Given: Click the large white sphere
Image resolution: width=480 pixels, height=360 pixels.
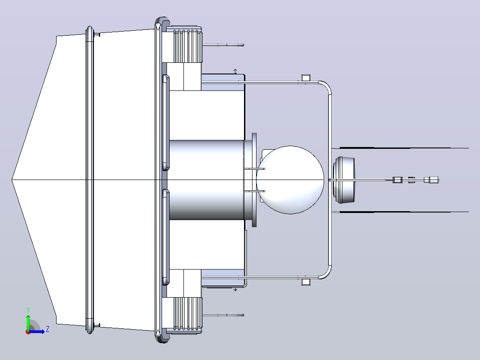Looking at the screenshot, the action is pos(290,180).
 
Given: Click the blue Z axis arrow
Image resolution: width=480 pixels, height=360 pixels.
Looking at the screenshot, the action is pos(37,331).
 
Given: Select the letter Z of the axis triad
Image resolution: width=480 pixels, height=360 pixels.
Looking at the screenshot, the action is pos(48,330).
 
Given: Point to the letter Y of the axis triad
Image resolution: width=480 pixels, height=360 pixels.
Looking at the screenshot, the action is pos(28,310).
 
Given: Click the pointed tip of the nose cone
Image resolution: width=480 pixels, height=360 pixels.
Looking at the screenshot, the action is pos(12,180).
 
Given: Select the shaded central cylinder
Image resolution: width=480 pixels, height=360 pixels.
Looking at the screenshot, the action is pos(207,180).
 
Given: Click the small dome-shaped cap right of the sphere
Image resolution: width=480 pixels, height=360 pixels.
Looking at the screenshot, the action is pos(344,180).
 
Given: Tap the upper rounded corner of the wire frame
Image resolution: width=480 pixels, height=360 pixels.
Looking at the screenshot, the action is pos(326,86).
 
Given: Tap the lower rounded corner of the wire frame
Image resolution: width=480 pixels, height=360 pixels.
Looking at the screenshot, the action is pos(326,273).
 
